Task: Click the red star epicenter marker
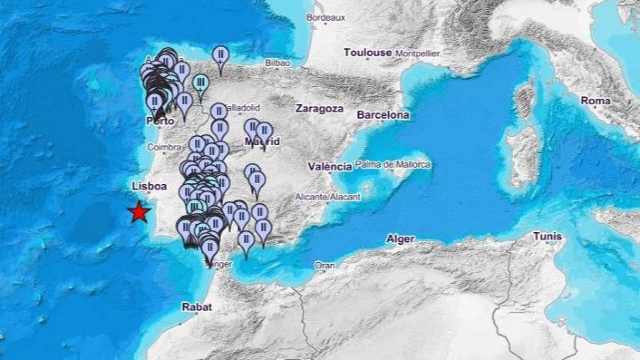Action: pyautogui.click(x=140, y=212)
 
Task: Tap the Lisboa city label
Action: pyautogui.click(x=149, y=186)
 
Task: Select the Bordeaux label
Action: pyautogui.click(x=326, y=18)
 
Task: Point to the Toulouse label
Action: pyautogui.click(x=368, y=52)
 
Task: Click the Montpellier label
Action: pyautogui.click(x=417, y=53)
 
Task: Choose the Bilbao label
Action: pyautogui.click(x=278, y=63)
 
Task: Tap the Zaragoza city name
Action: pyautogui.click(x=319, y=109)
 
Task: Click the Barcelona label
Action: pyautogui.click(x=383, y=115)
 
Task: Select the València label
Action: pyautogui.click(x=330, y=166)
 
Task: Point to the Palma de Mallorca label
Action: pyautogui.click(x=392, y=164)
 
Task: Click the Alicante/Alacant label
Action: pyautogui.click(x=328, y=197)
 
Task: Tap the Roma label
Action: pyautogui.click(x=596, y=101)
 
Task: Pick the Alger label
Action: pyautogui.click(x=400, y=239)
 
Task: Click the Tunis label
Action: pyautogui.click(x=548, y=236)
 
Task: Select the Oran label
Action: pyautogui.click(x=324, y=265)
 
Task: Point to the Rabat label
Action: pyautogui.click(x=197, y=307)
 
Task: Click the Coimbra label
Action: pyautogui.click(x=164, y=147)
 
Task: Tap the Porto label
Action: pyautogui.click(x=160, y=121)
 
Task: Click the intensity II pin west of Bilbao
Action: pyautogui.click(x=220, y=55)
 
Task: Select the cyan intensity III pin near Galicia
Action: pyautogui.click(x=200, y=83)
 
